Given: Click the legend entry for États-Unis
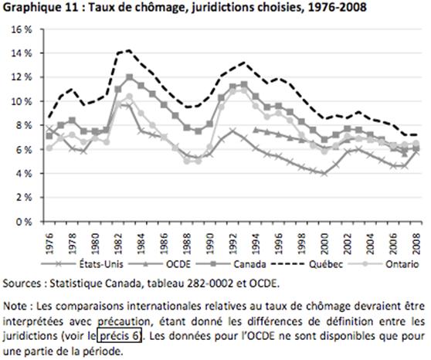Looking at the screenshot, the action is (x=82, y=264).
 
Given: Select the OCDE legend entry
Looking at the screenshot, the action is (x=159, y=264).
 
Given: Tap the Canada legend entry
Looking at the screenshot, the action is (x=231, y=264).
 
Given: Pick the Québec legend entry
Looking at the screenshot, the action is (x=307, y=264).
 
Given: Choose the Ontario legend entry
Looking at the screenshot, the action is (x=383, y=264).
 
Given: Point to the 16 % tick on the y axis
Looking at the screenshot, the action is (x=22, y=29).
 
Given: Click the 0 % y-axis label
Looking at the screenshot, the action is (x=24, y=222).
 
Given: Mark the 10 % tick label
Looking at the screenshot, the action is (x=22, y=101).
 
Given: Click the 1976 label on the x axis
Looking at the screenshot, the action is (x=49, y=244).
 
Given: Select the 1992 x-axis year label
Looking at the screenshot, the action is (x=233, y=244).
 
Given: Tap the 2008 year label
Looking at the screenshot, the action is (x=417, y=244).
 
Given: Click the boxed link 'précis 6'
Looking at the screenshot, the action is (x=119, y=335).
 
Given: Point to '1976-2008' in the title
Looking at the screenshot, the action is (x=338, y=7).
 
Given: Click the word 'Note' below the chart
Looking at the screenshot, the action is (x=15, y=306).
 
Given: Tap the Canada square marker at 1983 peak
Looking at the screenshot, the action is (x=130, y=77).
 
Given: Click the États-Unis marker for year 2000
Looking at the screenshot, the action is (x=324, y=174).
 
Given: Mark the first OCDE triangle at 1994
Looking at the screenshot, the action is (x=256, y=130).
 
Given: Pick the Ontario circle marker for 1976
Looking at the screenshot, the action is (x=49, y=148).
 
